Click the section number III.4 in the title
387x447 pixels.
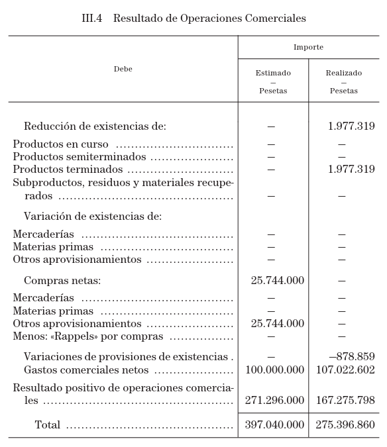point(91,19)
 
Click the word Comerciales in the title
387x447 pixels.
point(273,19)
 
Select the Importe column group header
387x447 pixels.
point(308,48)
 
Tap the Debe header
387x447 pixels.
point(123,70)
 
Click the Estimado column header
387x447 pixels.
point(273,73)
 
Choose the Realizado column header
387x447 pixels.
point(343,73)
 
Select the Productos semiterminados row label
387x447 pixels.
point(80,157)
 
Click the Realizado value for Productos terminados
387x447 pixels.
point(351,170)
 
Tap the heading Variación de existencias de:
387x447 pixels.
point(93,217)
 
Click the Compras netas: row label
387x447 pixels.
point(62,281)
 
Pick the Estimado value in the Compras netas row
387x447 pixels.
point(277,281)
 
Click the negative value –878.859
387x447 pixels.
point(351,357)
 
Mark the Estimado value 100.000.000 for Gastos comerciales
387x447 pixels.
point(274,370)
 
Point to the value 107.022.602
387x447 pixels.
point(345,370)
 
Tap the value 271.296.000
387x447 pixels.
point(274,401)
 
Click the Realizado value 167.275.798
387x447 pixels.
point(345,401)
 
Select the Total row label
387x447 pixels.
point(47,425)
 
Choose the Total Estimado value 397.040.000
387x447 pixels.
point(274,425)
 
